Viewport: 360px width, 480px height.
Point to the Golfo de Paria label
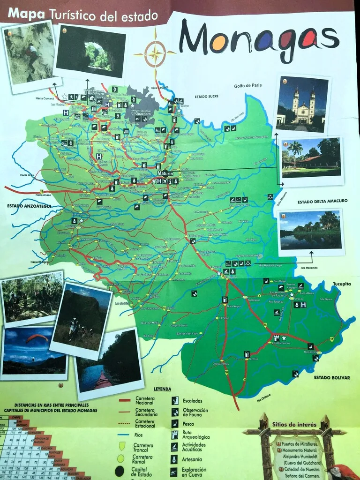coord(248,86)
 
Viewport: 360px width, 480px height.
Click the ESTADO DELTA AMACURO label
coord(322,201)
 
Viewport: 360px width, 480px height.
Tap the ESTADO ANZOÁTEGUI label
coord(29,206)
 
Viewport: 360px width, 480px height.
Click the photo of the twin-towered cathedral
coord(302,104)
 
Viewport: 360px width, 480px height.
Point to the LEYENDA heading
coord(162,389)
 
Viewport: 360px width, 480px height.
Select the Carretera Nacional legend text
coord(145,401)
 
